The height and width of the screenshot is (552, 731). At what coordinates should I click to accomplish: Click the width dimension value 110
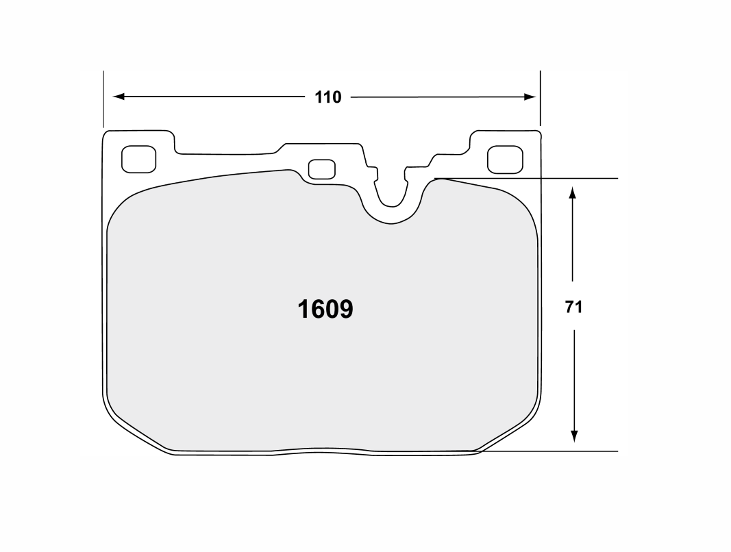(x=327, y=97)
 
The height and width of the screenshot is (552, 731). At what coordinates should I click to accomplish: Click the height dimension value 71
(x=573, y=308)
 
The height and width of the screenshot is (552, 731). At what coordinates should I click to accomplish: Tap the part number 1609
(x=325, y=310)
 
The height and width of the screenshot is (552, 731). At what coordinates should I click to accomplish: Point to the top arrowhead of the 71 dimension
(x=573, y=195)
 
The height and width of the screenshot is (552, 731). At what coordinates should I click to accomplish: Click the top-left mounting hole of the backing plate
(x=138, y=160)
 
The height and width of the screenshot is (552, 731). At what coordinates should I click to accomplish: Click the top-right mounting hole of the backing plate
(x=505, y=160)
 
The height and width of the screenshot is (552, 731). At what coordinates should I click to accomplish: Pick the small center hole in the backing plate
(x=321, y=169)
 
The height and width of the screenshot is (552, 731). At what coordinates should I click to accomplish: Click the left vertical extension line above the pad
(x=103, y=99)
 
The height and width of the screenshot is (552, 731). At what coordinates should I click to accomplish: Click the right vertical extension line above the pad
(x=540, y=99)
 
